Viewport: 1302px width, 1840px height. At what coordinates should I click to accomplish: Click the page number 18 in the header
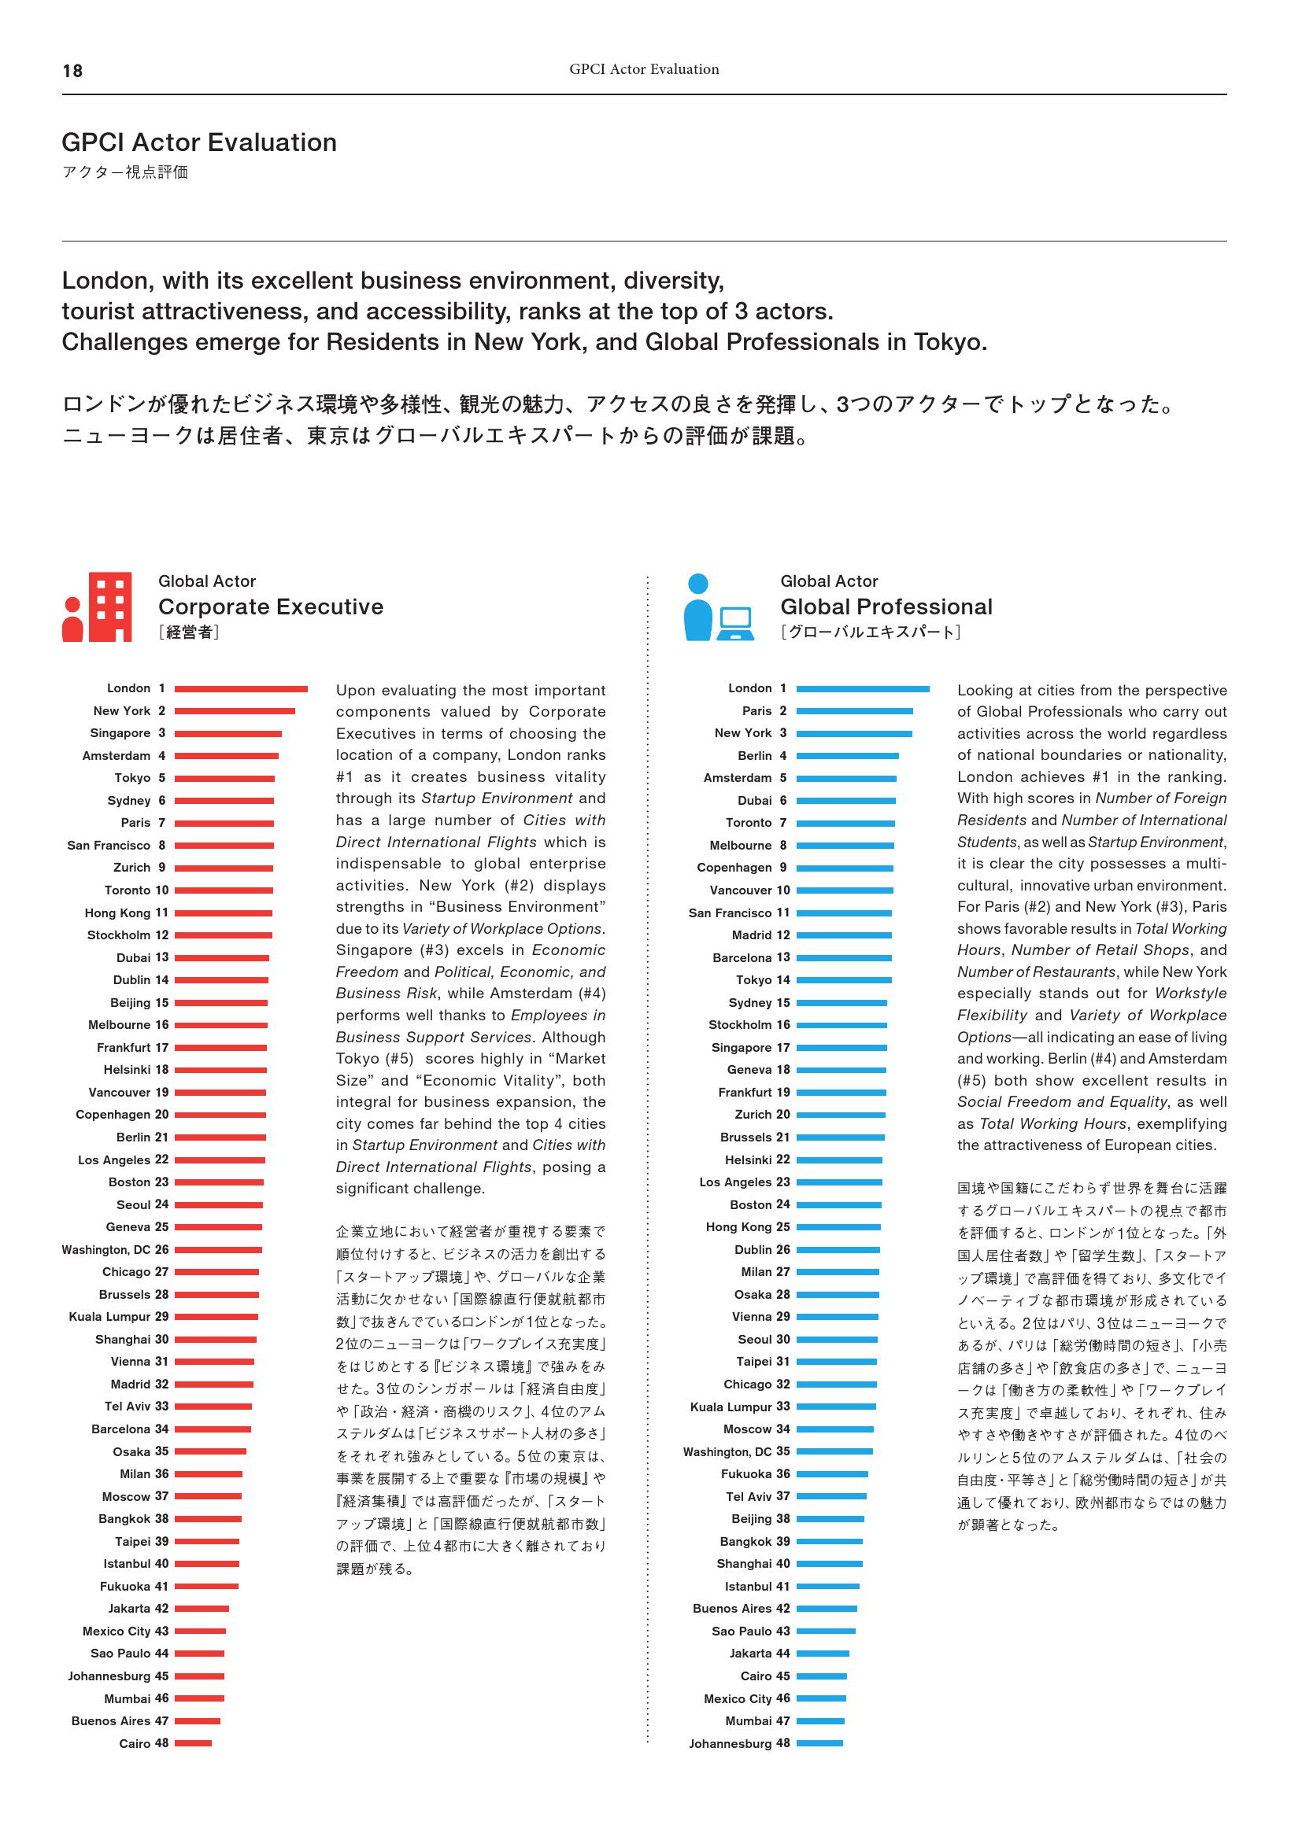72,72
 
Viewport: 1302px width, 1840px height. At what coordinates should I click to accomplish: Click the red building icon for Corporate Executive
109,607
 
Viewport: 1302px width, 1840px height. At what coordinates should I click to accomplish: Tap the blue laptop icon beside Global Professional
734,623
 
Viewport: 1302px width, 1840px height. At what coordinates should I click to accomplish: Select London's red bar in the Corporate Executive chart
241,689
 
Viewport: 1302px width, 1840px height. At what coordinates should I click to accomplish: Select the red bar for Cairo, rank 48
193,1743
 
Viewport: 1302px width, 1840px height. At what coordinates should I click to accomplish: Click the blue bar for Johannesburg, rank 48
819,1743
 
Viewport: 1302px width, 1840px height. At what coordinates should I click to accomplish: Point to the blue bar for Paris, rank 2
855,712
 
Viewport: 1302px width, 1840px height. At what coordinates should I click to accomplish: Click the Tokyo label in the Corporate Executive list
132,778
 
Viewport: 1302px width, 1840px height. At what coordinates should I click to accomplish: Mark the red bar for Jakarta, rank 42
202,1609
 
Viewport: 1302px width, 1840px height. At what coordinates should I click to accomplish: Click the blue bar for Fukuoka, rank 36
832,1473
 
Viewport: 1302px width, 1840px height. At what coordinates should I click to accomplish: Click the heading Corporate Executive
271,607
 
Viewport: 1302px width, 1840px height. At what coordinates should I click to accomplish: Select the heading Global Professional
886,607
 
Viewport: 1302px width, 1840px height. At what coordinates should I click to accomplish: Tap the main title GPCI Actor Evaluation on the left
199,142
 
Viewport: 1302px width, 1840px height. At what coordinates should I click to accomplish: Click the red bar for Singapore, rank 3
228,734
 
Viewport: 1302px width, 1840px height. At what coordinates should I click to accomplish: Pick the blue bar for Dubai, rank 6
845,801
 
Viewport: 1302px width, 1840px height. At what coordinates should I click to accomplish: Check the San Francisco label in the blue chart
728,913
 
